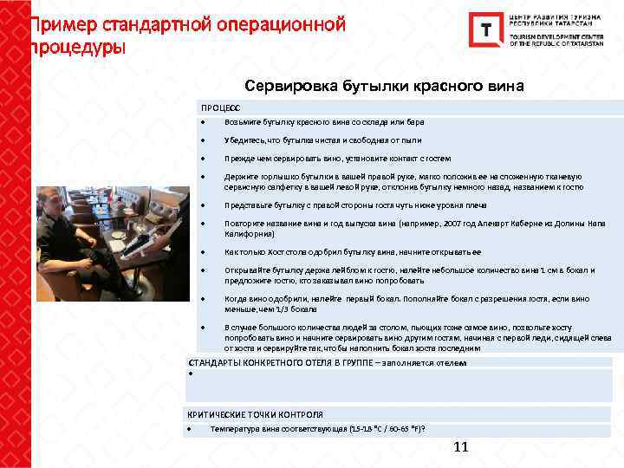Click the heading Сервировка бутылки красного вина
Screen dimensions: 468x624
tap(385, 87)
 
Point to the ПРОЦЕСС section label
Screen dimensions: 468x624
tap(221, 107)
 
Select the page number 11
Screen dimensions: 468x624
tap(460, 447)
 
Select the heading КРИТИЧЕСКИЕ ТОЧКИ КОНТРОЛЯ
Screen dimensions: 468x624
tap(255, 414)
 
